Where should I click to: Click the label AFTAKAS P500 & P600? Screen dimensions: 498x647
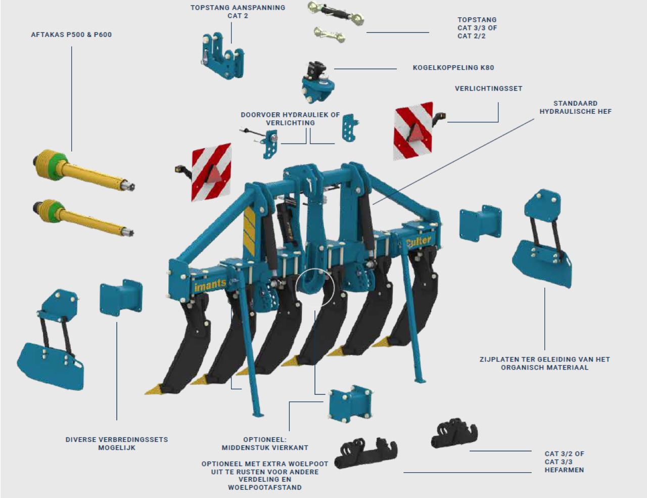tap(71, 35)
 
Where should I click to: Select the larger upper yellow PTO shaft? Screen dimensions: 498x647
tap(81, 170)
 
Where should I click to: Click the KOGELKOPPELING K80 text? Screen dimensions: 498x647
tap(453, 68)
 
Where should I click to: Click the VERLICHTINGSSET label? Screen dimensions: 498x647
tap(488, 88)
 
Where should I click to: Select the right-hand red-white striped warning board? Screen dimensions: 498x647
tap(413, 130)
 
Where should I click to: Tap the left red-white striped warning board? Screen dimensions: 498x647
tap(211, 172)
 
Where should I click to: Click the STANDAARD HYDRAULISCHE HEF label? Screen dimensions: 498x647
tap(575, 107)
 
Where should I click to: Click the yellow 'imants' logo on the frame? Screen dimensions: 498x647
tap(210, 285)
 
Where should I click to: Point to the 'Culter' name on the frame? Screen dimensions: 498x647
tap(419, 242)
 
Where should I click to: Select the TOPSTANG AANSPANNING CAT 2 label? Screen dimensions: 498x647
tap(238, 12)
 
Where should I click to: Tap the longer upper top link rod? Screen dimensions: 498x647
tap(336, 14)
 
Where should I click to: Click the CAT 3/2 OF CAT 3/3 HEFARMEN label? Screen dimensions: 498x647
tap(564, 462)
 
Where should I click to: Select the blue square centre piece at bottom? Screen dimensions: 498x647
tap(350, 404)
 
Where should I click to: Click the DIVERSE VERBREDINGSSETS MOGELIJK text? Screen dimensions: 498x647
tap(117, 443)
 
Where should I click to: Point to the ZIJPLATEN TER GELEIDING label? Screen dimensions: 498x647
tap(544, 363)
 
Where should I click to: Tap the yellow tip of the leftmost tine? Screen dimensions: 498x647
tap(154, 389)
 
